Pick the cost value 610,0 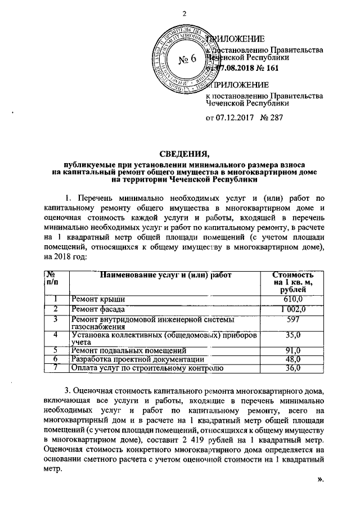click(x=293, y=299)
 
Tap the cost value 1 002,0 click(x=293, y=309)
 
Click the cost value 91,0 click(x=293, y=350)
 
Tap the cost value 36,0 click(x=293, y=368)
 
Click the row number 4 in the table click(x=56, y=336)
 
